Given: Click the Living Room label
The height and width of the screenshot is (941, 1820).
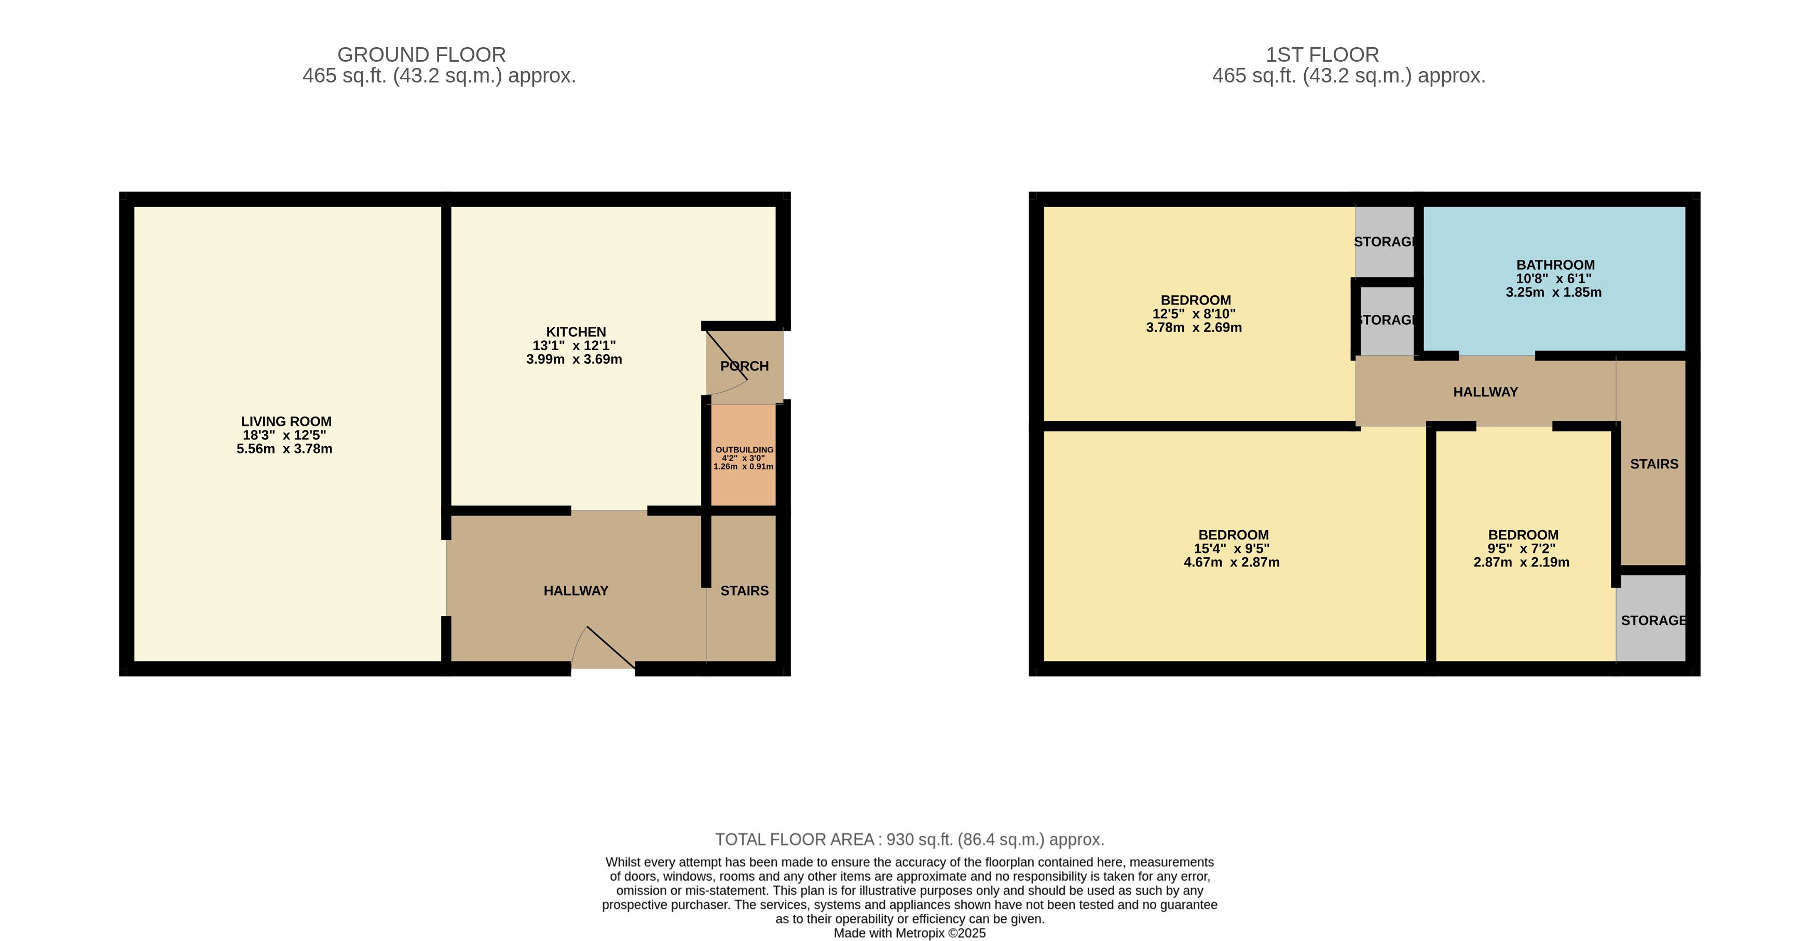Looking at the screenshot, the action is (x=286, y=422).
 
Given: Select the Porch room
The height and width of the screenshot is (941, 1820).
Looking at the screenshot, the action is (x=745, y=365).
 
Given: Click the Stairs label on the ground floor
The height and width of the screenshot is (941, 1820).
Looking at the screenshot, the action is (x=744, y=591).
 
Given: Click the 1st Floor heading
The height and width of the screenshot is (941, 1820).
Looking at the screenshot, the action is (x=1322, y=54).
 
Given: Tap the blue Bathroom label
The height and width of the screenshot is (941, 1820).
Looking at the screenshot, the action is (x=1555, y=265).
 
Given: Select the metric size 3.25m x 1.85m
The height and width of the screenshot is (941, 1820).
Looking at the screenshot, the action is (x=1554, y=292).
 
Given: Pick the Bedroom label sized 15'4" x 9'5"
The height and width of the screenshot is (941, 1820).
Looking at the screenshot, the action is (x=1234, y=535).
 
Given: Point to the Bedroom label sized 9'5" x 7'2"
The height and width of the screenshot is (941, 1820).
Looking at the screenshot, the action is (x=1523, y=535).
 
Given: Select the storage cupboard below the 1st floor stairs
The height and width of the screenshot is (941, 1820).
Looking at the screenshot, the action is (x=1651, y=619).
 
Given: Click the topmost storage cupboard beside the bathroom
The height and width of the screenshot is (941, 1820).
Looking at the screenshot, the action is (x=1385, y=242).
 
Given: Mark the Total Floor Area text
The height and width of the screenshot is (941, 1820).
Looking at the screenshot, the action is (x=909, y=839).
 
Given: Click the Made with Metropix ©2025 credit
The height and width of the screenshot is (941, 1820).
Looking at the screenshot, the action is (x=909, y=933).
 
